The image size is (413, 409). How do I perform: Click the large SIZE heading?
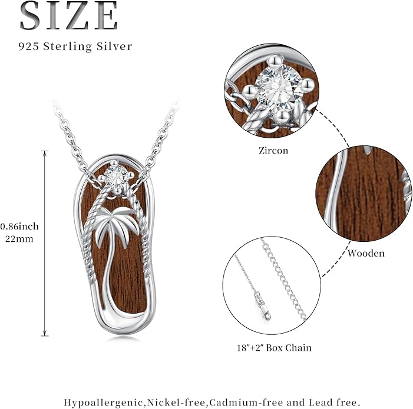click(69, 16)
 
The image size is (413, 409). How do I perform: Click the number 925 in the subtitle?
click(29, 46)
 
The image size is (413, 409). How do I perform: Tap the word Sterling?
click(67, 47)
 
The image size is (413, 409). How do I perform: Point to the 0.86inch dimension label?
click(19, 226)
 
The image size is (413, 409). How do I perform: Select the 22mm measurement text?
click(19, 239)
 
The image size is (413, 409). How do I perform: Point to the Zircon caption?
click(273, 151)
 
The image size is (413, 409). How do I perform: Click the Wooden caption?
click(366, 253)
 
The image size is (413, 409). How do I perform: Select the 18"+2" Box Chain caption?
click(274, 348)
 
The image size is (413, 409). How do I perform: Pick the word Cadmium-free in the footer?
click(246, 403)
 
